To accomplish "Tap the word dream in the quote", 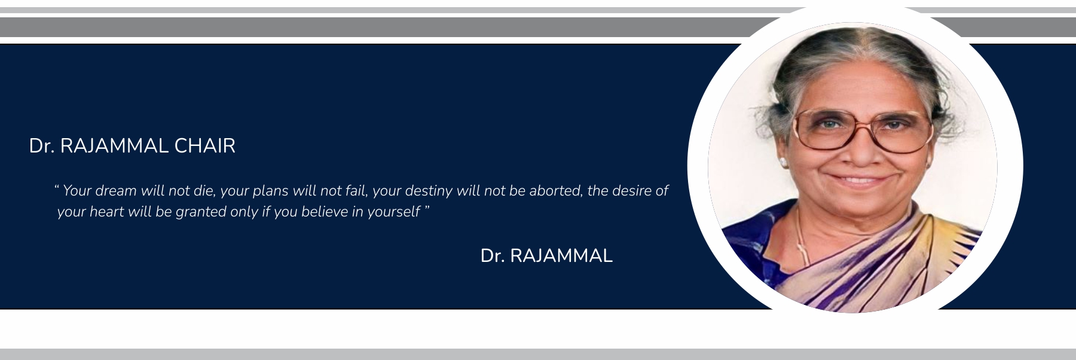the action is [x=116, y=191].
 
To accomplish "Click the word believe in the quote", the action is [x=325, y=212].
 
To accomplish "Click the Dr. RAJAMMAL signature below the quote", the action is [x=546, y=255].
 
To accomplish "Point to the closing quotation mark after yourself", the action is [x=427, y=208].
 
